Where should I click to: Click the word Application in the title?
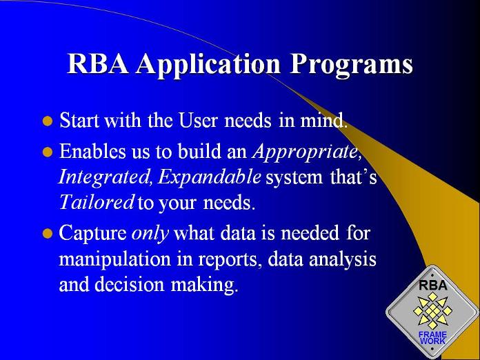tap(208, 65)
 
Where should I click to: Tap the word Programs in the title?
tap(351, 65)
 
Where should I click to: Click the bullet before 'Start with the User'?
tap(48, 121)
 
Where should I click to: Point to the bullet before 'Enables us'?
tap(48, 152)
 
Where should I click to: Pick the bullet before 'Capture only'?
tap(48, 233)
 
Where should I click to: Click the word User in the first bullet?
tap(199, 120)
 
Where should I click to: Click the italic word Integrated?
tap(103, 177)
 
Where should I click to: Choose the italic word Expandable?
tap(210, 177)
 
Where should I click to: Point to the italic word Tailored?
tap(97, 202)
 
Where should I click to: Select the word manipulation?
tap(114, 260)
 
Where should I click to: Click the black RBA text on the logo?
tap(433, 286)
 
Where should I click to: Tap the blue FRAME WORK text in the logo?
tap(432, 338)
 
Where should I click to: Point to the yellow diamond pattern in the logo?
tap(432, 310)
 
